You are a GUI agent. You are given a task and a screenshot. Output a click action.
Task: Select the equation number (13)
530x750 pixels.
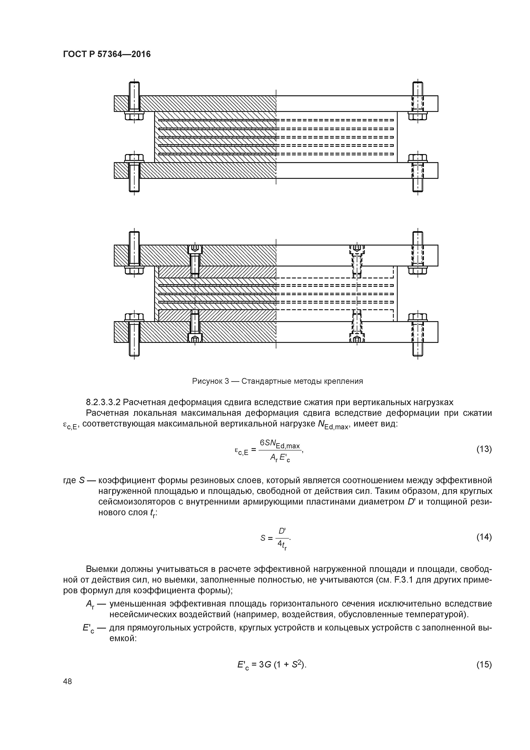(x=484, y=449)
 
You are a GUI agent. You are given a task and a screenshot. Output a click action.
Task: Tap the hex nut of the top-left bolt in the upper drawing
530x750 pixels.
(x=134, y=116)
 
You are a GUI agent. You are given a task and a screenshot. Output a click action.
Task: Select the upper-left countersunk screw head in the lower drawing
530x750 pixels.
(x=195, y=250)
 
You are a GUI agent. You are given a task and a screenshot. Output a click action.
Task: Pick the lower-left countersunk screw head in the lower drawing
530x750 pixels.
(x=195, y=338)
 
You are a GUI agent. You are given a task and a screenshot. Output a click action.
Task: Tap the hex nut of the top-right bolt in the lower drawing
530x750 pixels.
(x=418, y=270)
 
